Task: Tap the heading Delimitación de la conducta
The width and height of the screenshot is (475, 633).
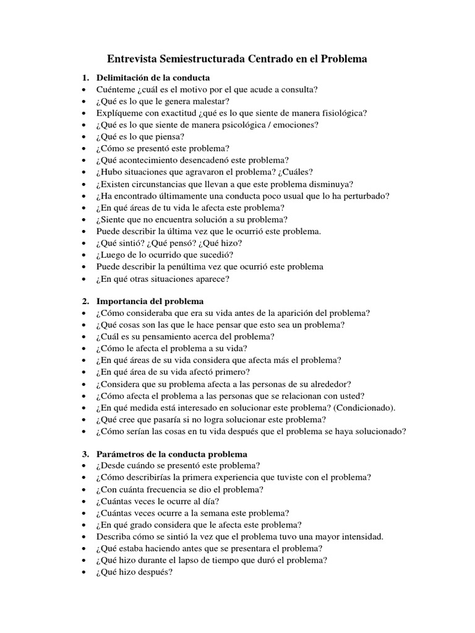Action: click(153, 78)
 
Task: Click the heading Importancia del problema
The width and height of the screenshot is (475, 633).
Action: click(150, 302)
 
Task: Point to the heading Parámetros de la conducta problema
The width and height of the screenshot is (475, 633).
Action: click(171, 454)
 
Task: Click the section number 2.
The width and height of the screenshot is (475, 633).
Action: click(85, 302)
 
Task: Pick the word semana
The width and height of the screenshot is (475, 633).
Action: click(218, 513)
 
